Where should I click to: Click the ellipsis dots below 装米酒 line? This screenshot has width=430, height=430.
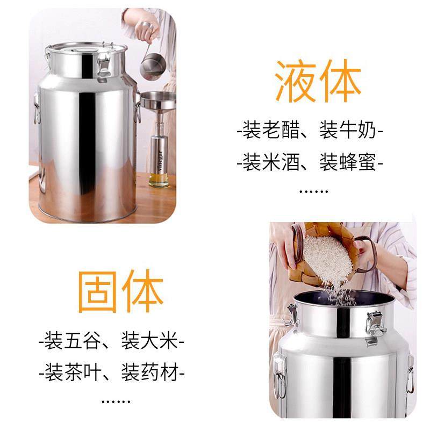pos(313,190)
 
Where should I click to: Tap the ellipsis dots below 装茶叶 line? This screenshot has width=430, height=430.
pos(116,400)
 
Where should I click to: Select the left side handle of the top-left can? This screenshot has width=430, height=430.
pos(37,107)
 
